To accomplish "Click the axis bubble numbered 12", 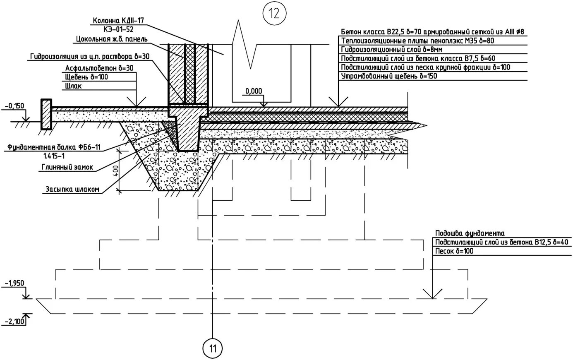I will point(274,13).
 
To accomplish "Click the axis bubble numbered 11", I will point(213,348).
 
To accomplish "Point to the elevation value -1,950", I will point(15,283).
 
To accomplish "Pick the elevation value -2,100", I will point(15,321).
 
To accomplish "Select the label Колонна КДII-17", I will point(118,21).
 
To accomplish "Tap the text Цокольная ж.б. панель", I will point(112,39).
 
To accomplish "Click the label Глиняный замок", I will point(67,167).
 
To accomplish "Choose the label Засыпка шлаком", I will point(72,190).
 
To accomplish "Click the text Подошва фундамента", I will point(470,233).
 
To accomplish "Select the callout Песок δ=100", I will point(454,251).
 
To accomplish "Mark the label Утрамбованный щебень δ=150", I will point(389,76).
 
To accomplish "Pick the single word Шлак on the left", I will point(73,86).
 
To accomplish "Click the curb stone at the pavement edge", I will point(46,114).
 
